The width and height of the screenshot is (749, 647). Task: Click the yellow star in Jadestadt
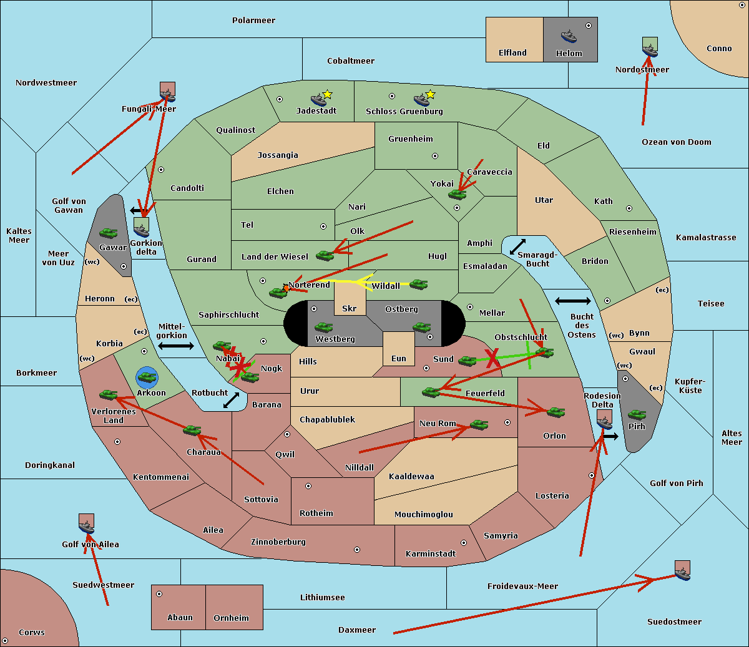click(x=327, y=94)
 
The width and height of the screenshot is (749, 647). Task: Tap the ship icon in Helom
click(x=569, y=36)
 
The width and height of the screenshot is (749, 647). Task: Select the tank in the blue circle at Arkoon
click(x=147, y=377)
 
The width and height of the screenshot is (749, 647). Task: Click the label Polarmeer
click(x=253, y=21)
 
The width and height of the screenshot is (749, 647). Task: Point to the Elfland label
click(x=512, y=53)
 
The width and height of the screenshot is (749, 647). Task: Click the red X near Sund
click(x=493, y=358)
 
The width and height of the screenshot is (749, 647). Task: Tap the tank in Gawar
click(x=109, y=233)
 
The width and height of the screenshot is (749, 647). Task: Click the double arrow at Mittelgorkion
click(x=175, y=346)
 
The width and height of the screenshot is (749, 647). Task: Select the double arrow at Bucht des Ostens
click(x=572, y=301)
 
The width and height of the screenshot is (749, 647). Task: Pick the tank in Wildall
click(x=418, y=285)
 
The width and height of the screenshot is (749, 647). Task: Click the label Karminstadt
click(x=431, y=554)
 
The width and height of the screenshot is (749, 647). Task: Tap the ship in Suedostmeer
click(x=682, y=570)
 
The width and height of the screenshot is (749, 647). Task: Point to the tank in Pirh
click(x=637, y=415)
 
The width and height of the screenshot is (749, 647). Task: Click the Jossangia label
click(x=278, y=155)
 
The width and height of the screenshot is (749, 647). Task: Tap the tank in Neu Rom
click(x=479, y=425)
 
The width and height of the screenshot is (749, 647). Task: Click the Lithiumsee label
click(x=322, y=598)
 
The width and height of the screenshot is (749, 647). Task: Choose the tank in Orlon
click(x=556, y=412)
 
